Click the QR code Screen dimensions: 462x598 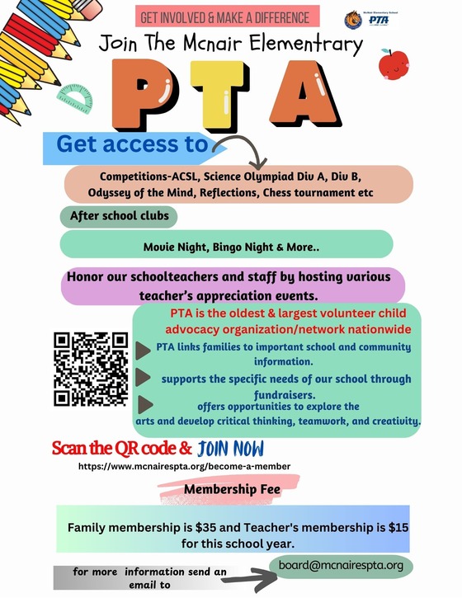pos(91,368)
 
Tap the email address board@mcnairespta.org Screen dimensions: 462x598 pos(340,565)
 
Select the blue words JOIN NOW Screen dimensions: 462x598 pos(231,449)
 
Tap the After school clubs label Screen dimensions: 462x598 pos(120,216)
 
